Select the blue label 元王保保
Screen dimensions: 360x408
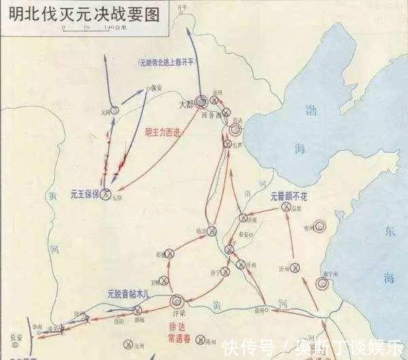click(x=84, y=193)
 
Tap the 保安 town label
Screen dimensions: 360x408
click(x=156, y=88)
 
